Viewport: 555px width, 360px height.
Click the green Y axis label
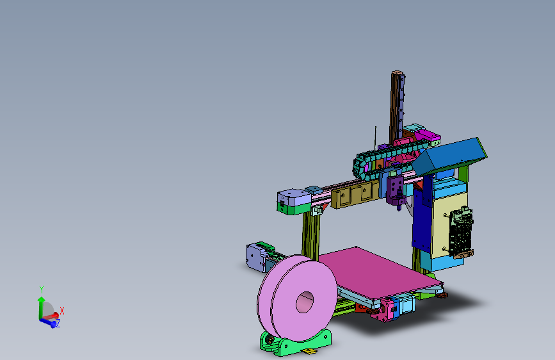coord(41,289)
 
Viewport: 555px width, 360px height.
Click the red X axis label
coord(62,311)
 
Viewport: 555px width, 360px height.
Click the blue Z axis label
coord(58,324)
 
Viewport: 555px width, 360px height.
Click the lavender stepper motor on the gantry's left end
coord(293,200)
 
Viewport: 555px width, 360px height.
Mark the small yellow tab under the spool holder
coord(310,351)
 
